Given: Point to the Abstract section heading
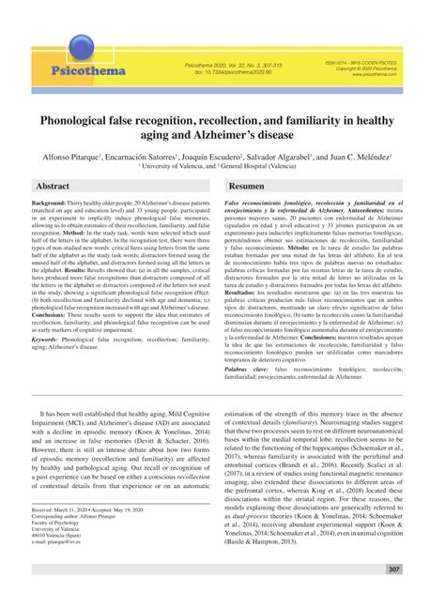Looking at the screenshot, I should pyautogui.click(x=53, y=187).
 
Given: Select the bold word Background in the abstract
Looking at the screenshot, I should pyautogui.click(x=53, y=203).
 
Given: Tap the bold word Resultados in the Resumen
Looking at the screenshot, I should pyautogui.click(x=246, y=294).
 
